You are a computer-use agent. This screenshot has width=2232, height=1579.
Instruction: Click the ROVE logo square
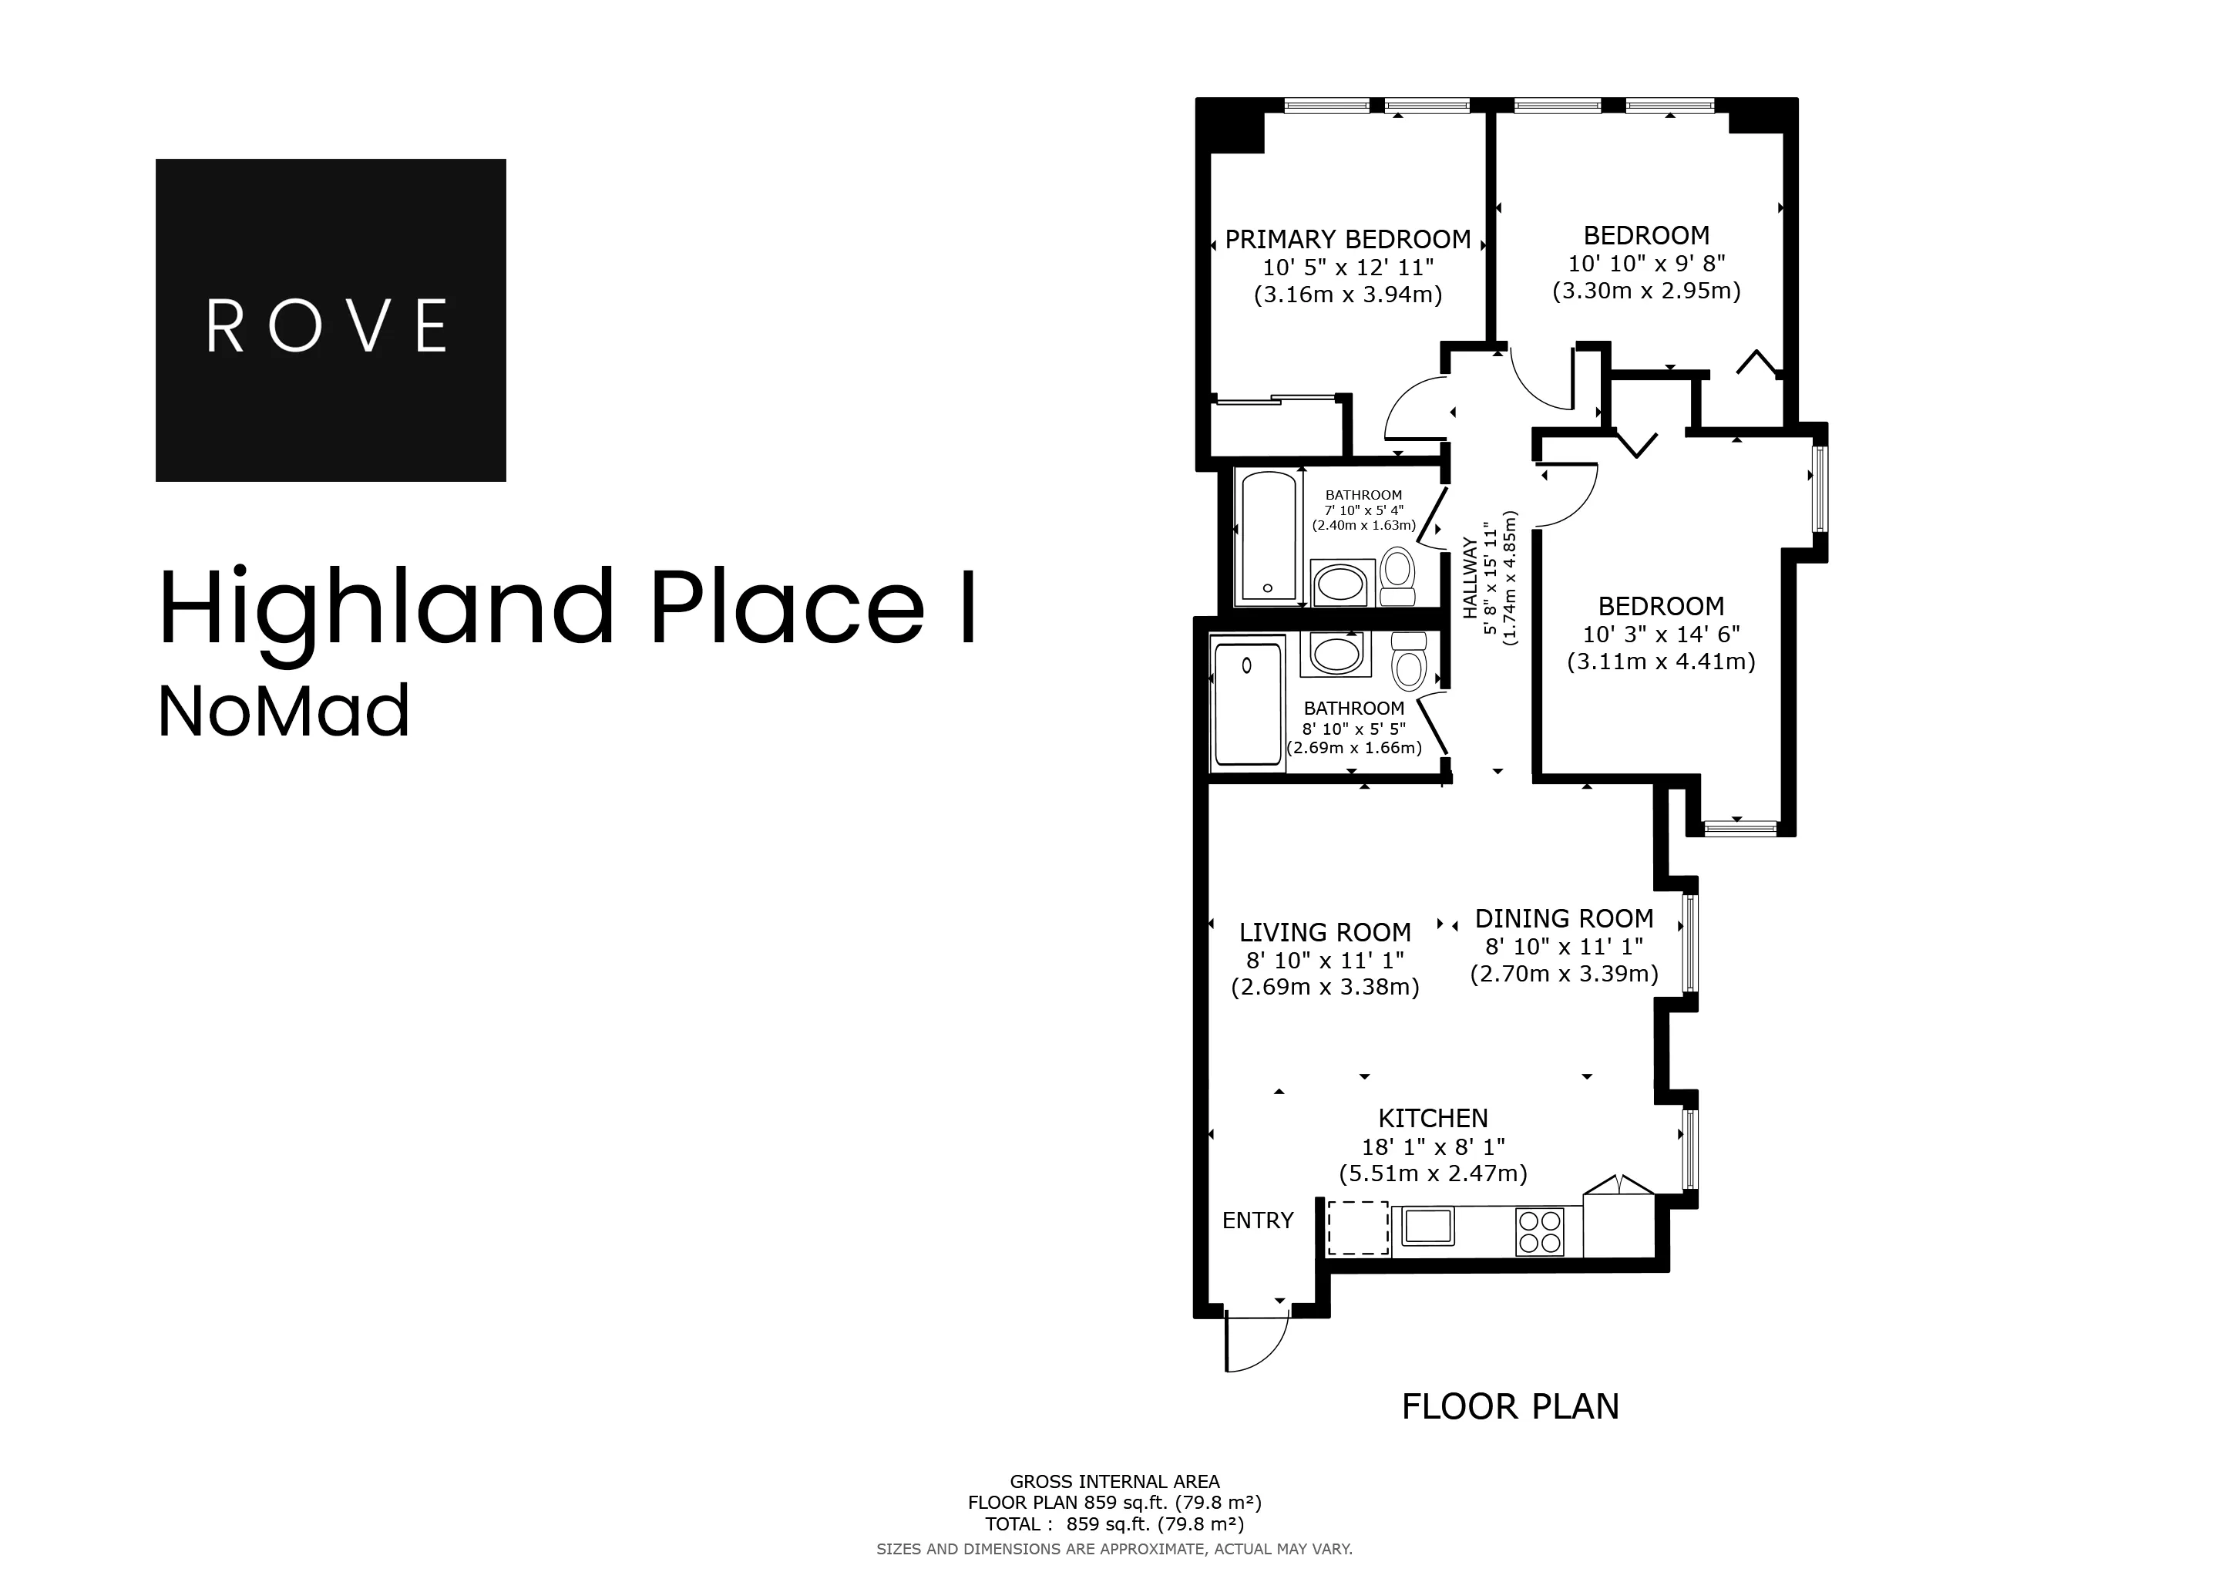coord(331,320)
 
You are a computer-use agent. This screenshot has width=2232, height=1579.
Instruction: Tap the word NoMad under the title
coord(284,712)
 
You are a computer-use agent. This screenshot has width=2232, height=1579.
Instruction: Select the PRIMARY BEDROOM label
coord(1347,239)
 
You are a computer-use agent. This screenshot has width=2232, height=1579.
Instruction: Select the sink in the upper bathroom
coord(1343,584)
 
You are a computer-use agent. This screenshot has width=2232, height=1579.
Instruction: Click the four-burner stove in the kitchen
coord(1539,1231)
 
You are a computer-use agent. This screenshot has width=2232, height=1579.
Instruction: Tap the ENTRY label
coord(1257,1220)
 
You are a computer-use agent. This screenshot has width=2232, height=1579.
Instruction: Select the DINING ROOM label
coord(1563,919)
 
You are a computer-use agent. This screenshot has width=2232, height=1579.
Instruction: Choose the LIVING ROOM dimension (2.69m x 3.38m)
coord(1325,988)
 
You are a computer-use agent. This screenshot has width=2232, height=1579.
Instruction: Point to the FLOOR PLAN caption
coord(1510,1407)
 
